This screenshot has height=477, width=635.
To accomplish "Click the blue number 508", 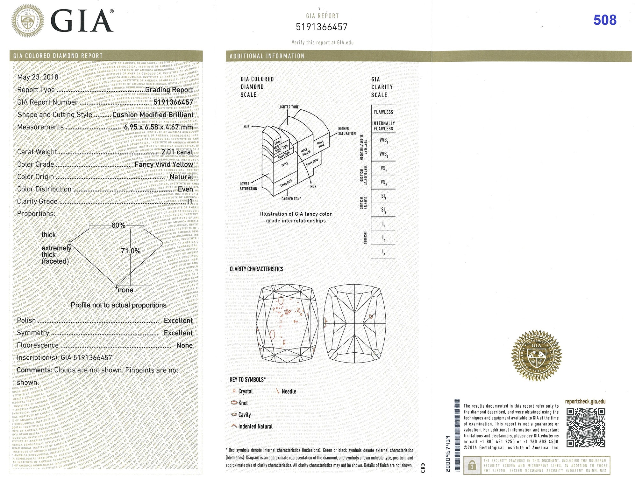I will [605, 20].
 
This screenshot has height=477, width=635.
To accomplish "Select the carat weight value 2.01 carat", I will [177, 152].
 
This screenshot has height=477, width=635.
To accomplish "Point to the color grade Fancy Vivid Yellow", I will [164, 164].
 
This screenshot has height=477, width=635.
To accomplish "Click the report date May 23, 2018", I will [38, 77].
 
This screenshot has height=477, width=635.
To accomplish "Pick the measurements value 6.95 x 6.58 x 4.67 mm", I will [158, 127].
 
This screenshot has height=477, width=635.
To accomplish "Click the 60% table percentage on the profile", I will [118, 225].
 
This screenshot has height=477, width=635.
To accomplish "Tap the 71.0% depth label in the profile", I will [131, 251].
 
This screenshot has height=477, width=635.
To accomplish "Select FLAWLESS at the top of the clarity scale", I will [383, 112].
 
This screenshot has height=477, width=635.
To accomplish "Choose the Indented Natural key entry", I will [255, 426].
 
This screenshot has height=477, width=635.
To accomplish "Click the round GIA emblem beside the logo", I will [28, 21].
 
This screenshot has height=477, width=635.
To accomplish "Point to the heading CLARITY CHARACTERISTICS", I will [256, 269].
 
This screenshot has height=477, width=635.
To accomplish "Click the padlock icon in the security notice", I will [472, 466].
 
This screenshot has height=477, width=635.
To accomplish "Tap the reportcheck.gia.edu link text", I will [585, 401].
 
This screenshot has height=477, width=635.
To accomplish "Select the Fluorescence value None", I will [184, 345].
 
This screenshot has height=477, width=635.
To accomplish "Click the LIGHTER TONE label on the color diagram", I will [288, 107].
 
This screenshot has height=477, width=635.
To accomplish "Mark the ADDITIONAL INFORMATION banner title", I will [267, 56].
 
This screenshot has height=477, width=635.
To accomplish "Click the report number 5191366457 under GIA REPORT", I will [322, 27].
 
